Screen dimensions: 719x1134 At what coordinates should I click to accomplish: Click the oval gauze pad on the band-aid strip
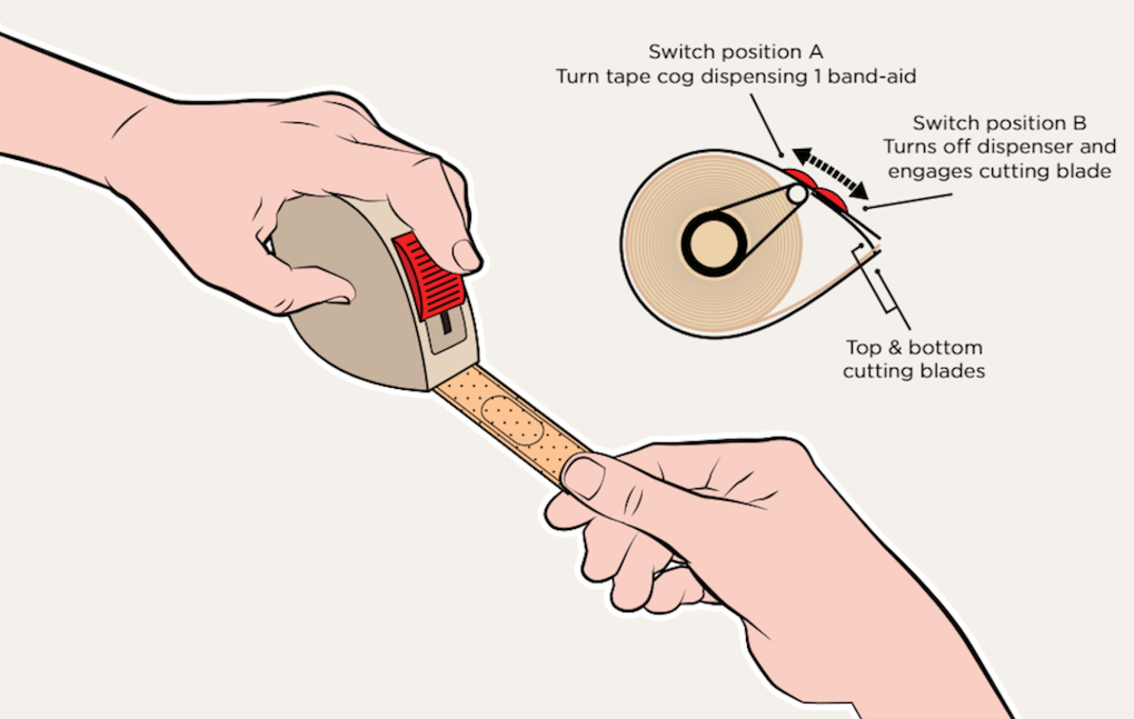pos(511,420)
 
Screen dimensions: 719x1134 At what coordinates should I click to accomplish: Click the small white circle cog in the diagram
pos(797,194)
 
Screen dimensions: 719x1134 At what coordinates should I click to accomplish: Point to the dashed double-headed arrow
pos(830,173)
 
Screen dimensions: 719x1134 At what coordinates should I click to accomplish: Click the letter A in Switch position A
pos(816,53)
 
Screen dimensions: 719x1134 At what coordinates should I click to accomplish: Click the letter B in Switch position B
pos(1079,123)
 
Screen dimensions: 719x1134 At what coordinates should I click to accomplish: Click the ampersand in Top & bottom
pos(895,348)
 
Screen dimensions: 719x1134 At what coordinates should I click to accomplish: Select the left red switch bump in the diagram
pos(798,176)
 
